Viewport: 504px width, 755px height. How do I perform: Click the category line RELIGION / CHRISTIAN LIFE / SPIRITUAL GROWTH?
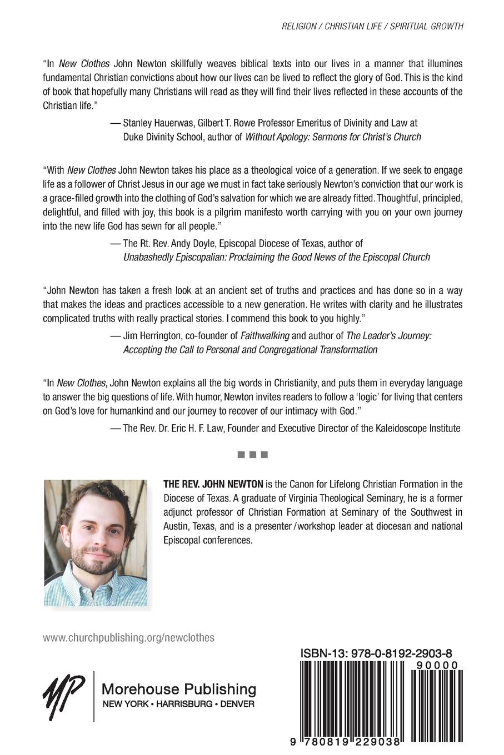372,26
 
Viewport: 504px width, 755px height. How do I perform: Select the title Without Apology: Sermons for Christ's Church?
333,137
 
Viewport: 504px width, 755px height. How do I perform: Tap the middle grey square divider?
253,455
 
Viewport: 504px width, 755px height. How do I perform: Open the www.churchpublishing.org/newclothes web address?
128,638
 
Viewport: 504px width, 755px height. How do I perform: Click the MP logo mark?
63,695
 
